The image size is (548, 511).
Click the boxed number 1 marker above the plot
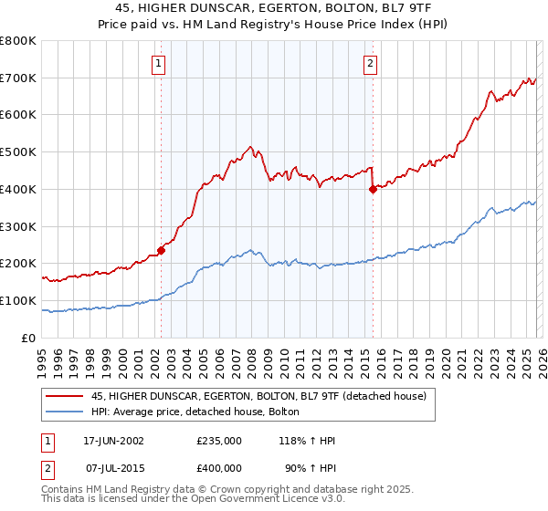tap(159, 63)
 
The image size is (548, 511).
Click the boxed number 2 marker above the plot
tap(371, 63)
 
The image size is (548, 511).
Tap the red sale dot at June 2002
tap(161, 250)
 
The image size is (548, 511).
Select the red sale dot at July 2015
tap(373, 189)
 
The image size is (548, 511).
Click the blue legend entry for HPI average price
tap(201, 412)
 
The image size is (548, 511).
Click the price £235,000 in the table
tap(219, 440)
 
